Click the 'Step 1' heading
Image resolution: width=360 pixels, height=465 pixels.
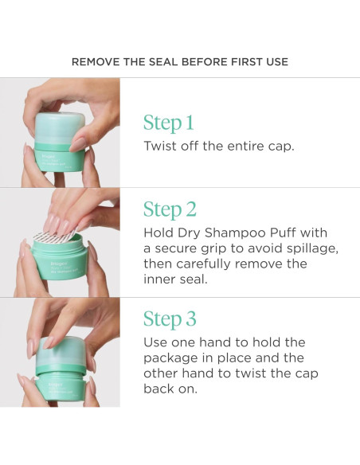pyautogui.click(x=168, y=123)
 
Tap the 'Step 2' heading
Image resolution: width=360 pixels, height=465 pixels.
pyautogui.click(x=170, y=209)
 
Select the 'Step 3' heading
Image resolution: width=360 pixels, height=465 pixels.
pyautogui.click(x=170, y=319)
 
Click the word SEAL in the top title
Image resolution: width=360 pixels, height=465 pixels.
pyautogui.click(x=163, y=62)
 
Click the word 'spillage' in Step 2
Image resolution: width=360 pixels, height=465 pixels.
pyautogui.click(x=312, y=248)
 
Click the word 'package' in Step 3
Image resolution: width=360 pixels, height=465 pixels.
pyautogui.click(x=170, y=358)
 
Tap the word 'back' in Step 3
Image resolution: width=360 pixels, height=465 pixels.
pyautogui.click(x=157, y=389)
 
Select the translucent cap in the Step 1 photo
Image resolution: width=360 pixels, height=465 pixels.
pyautogui.click(x=60, y=127)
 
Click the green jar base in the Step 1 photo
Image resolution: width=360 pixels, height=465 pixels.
pyautogui.click(x=59, y=158)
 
